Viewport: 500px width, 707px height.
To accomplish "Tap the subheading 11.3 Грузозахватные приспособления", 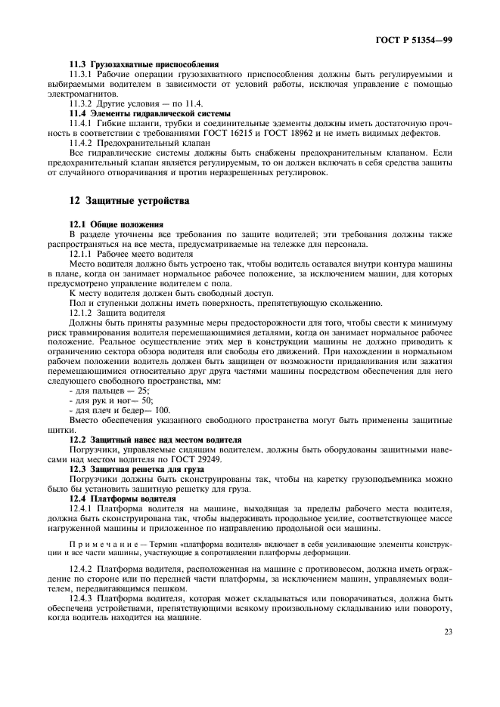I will [x=144, y=64].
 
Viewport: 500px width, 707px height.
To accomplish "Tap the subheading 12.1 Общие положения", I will [x=116, y=224].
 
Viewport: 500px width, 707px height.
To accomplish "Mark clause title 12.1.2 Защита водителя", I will [x=117, y=312].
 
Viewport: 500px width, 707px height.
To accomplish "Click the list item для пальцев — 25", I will [x=109, y=391].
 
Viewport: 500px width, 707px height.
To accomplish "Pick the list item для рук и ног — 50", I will [x=110, y=400].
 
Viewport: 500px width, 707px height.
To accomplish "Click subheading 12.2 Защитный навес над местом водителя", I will [x=155, y=439].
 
